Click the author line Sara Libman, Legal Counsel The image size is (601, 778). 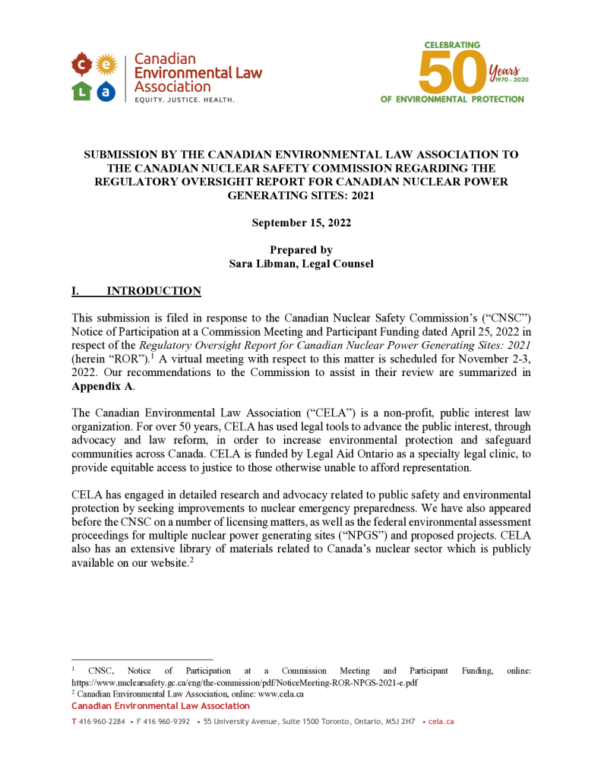(300, 264)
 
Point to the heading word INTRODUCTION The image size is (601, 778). (153, 291)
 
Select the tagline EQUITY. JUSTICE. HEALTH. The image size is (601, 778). (184, 100)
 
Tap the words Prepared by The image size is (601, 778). (301, 250)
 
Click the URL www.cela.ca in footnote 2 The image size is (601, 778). (280, 694)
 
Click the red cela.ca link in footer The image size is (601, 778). (441, 721)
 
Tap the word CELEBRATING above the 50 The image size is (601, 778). (452, 45)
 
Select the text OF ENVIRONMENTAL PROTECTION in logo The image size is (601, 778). (452, 99)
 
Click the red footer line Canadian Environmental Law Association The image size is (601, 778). (160, 706)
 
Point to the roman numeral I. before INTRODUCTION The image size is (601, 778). (75, 291)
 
